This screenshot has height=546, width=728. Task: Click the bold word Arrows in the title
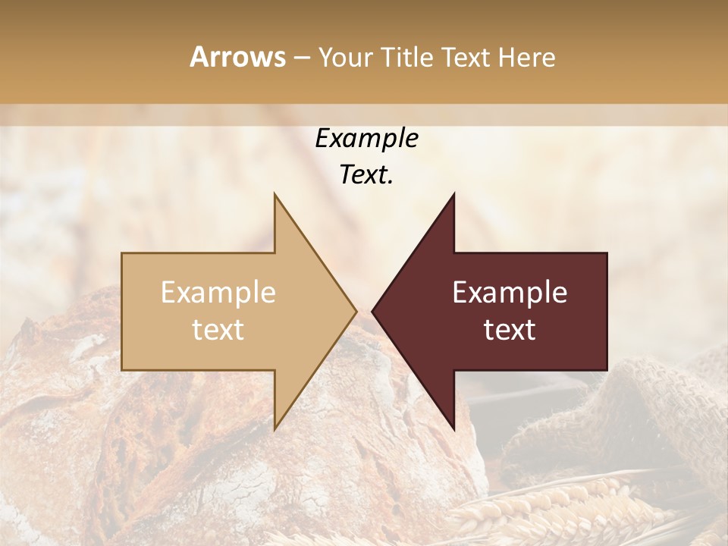237,57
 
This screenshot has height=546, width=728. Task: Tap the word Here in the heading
526,57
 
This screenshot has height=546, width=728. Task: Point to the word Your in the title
346,57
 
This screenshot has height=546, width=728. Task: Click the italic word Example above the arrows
366,138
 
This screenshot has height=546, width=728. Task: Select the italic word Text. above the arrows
366,174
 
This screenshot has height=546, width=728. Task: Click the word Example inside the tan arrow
218,292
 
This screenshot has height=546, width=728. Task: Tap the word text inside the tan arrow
218,330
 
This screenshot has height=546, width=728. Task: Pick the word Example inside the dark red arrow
510,292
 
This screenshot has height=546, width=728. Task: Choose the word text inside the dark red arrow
510,330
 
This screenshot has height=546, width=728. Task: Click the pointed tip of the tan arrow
355,311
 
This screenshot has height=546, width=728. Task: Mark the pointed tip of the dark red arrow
374,311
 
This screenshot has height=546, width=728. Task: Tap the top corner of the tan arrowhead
275,196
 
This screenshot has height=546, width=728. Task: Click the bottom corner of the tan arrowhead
275,428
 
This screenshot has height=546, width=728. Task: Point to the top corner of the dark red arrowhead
453,196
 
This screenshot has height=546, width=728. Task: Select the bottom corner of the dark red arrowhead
453,428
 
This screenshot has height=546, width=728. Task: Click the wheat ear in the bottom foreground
546,508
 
